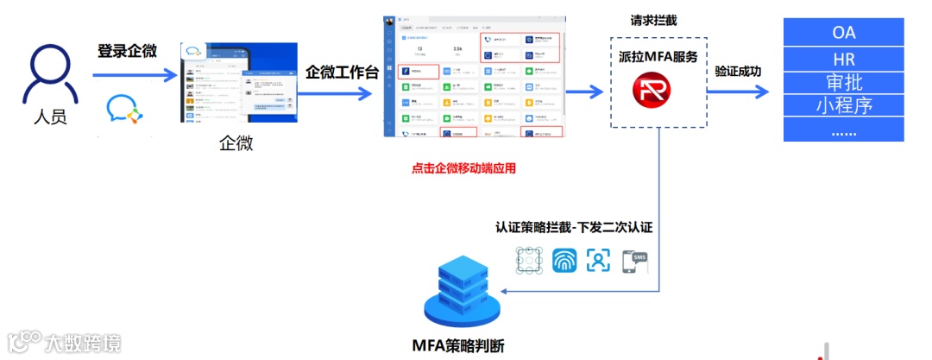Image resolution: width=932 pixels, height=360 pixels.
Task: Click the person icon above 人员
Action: tap(49, 70)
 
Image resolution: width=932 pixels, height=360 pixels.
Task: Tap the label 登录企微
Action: tap(127, 51)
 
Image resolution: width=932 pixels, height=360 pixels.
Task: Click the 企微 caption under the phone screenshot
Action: tap(236, 143)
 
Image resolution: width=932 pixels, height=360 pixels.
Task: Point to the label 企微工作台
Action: tap(342, 72)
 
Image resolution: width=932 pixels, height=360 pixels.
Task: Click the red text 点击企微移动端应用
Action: tap(463, 169)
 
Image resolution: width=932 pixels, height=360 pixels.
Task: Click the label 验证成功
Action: tap(738, 72)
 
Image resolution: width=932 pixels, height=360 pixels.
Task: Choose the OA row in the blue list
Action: tap(843, 34)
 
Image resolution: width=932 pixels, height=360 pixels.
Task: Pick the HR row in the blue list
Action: tap(843, 60)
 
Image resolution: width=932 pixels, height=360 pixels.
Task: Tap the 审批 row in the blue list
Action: tap(843, 83)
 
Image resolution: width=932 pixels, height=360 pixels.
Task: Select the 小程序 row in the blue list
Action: tap(843, 106)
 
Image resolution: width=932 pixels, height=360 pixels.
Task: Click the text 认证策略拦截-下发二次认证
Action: tap(573, 228)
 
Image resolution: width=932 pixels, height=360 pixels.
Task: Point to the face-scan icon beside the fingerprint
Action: tap(599, 261)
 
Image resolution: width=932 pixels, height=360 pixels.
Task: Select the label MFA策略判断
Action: tap(457, 346)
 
